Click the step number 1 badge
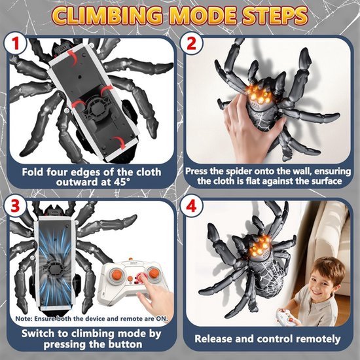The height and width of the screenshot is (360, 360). coord(15,44)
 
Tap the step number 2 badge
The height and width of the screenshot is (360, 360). coord(191,43)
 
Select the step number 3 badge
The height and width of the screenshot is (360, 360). coord(15,206)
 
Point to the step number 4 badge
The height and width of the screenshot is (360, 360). coord(191,206)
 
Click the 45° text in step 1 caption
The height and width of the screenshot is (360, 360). coord(122,182)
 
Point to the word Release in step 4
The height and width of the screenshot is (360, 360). coord(213,339)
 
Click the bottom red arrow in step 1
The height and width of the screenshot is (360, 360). coord(119,142)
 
